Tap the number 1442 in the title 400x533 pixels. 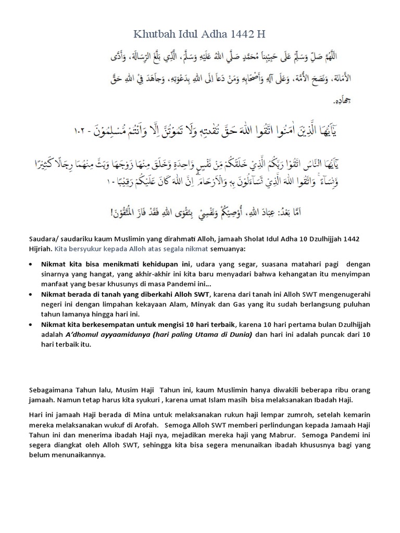tap(239, 35)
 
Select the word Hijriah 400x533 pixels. tap(40, 248)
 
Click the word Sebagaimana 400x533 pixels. tap(50, 390)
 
